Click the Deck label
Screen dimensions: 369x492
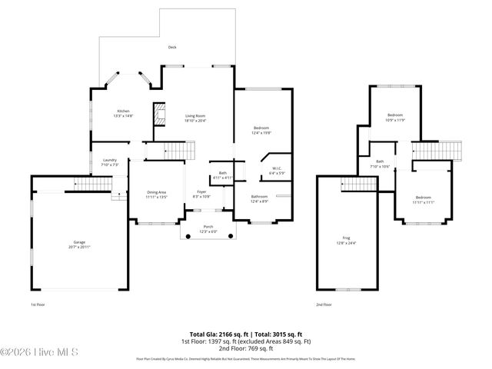[172, 47]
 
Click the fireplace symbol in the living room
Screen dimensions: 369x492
[159, 115]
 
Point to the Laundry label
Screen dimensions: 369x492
[109, 161]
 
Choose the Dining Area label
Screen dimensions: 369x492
[157, 194]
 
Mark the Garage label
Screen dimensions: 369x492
[79, 244]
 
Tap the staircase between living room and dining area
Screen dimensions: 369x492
[177, 150]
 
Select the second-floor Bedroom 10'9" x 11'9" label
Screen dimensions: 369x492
[395, 117]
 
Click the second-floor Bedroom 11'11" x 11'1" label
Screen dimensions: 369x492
[424, 200]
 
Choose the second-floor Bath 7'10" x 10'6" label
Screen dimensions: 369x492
[380, 164]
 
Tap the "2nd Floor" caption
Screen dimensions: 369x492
[324, 304]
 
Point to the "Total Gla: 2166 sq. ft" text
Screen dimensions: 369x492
[218, 334]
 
